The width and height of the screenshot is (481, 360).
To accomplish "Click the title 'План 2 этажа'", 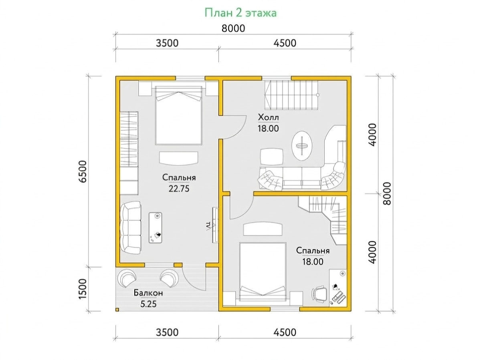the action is pos(240,13).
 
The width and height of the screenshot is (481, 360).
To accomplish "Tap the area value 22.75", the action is pos(179,189).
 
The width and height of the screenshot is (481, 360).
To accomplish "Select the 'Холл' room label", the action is pos(268,117).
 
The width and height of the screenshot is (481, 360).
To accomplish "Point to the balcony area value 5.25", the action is pos(148,304).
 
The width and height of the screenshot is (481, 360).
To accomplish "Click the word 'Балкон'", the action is pos(148,293).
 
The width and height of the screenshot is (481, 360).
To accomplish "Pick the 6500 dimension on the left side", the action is pos(83,171).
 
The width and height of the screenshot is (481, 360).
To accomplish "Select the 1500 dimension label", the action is pos(83,288).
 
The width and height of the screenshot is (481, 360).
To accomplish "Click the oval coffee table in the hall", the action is pos(302,146).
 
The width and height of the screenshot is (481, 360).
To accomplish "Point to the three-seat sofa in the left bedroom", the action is pos(130,227).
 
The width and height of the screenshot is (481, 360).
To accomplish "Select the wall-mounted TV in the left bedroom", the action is pos(215,225).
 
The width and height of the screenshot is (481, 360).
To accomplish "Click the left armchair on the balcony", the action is pos(127,278).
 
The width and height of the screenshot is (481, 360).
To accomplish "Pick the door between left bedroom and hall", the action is pos(233,127).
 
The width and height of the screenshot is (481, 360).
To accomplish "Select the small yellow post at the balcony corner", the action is pos(117,310).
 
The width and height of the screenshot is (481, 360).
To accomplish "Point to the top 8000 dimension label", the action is pos(233,28).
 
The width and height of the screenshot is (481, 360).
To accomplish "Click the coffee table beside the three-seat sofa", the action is pos(156,227).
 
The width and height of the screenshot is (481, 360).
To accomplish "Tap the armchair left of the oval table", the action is pos(271,157).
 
